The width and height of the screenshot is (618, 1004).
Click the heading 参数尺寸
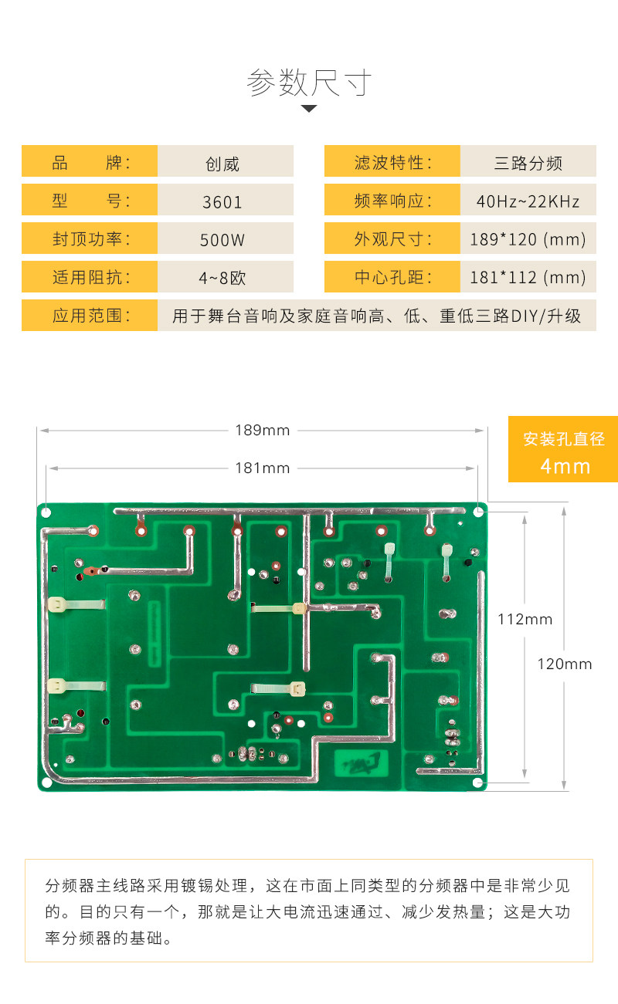point(309,82)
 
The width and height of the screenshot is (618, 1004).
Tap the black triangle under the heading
point(309,109)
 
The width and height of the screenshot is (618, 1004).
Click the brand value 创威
point(222,164)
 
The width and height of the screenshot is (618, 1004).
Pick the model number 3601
point(222,202)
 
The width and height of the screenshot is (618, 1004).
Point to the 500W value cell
point(222,240)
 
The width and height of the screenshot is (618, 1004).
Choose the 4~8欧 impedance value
point(222,278)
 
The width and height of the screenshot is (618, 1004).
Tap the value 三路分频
point(528,164)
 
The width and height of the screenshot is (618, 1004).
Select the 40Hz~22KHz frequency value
point(528,202)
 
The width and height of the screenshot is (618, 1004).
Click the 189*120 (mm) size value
point(528,240)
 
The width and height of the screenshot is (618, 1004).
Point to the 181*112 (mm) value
point(528,278)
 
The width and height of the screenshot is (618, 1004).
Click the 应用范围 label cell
point(90,316)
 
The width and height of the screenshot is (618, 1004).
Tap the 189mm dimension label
point(263,430)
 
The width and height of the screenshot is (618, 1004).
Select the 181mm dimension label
point(263,468)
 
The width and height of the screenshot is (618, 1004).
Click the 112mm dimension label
point(525,619)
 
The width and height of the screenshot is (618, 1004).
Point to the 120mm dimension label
point(565,664)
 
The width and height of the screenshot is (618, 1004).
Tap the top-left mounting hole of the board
point(46,512)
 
